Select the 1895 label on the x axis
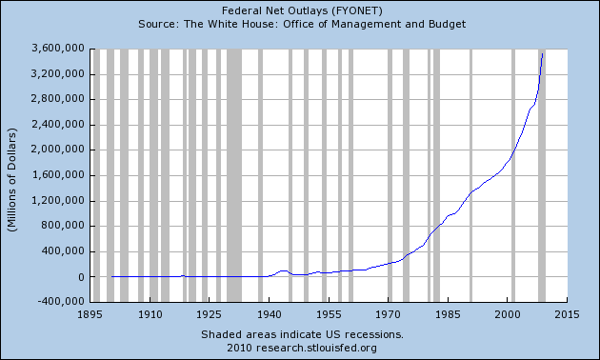(x=90, y=313)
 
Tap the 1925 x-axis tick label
(x=210, y=313)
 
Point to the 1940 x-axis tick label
(x=270, y=313)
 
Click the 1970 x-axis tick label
(x=389, y=313)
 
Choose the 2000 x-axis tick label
(x=508, y=313)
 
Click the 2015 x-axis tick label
(x=568, y=313)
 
